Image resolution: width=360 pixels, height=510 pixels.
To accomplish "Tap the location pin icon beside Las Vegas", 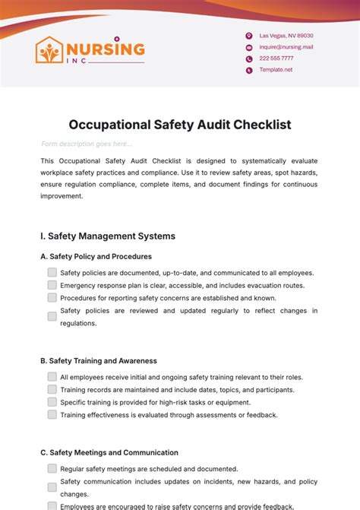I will click(x=248, y=36).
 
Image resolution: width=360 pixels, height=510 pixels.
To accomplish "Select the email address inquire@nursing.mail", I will click(x=286, y=47).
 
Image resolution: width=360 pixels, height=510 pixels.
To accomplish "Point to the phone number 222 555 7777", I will click(x=276, y=59).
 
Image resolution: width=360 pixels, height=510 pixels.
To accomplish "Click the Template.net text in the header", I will click(x=276, y=70).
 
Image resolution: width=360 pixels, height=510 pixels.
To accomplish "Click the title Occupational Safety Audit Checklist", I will click(x=180, y=123).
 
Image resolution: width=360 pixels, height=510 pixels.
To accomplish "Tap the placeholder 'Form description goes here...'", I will click(x=87, y=144).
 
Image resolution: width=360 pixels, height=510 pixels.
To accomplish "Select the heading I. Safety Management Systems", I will click(x=107, y=236).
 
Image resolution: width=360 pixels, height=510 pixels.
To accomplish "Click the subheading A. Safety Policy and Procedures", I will click(x=96, y=257).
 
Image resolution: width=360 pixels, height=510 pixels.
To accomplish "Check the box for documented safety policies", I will click(x=52, y=272).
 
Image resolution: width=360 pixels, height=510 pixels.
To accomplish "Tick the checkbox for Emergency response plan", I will click(x=52, y=285).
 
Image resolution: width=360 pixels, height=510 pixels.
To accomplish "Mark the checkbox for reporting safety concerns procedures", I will click(x=52, y=297).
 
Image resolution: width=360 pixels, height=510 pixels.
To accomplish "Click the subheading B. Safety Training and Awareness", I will click(x=98, y=361).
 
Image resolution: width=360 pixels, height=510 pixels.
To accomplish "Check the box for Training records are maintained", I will click(x=52, y=389).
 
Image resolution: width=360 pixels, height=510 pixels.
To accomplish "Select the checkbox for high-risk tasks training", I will click(x=52, y=402).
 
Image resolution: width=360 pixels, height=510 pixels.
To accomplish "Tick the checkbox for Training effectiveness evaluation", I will click(x=52, y=415).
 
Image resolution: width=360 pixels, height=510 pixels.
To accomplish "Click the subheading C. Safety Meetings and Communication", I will click(x=109, y=453).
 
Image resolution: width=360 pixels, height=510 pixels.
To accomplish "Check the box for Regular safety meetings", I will click(x=52, y=469).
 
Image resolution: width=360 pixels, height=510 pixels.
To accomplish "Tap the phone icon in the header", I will click(x=248, y=59).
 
